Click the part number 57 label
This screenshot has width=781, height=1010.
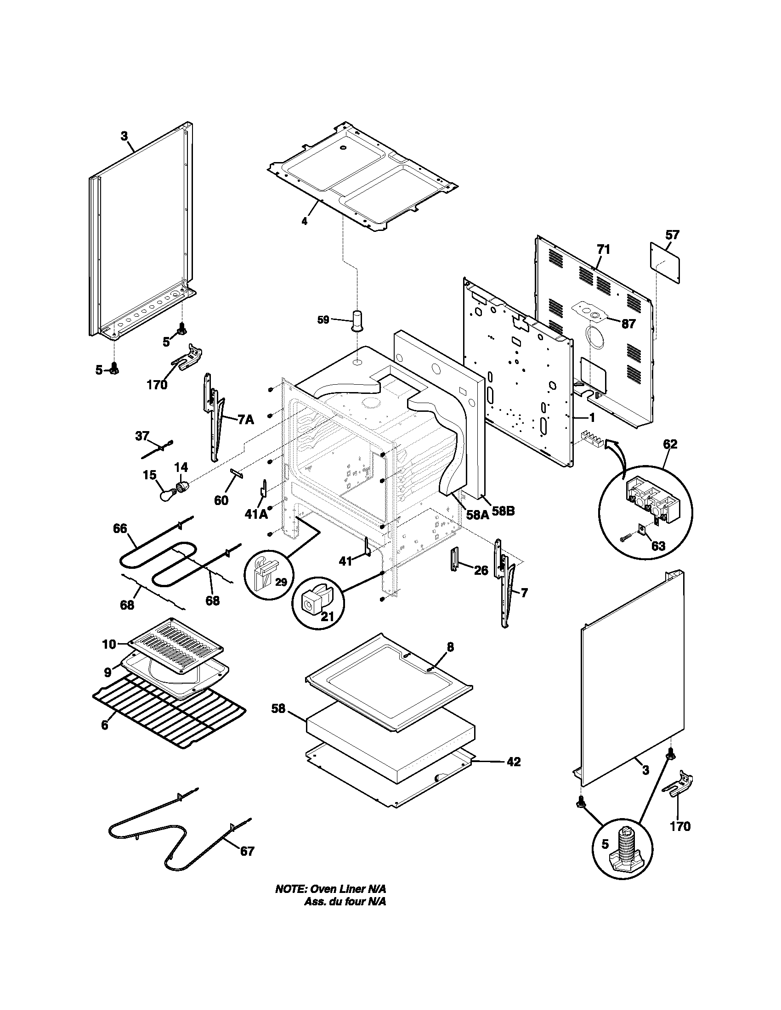pyautogui.click(x=672, y=235)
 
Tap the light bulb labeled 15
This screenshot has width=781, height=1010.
pyautogui.click(x=165, y=495)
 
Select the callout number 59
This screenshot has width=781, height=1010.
pyautogui.click(x=323, y=319)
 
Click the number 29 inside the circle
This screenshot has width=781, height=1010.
pyautogui.click(x=281, y=581)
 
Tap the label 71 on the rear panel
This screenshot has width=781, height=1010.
pyautogui.click(x=603, y=250)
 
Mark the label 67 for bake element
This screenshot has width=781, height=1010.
pyautogui.click(x=247, y=851)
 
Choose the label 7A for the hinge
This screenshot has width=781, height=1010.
pyautogui.click(x=246, y=420)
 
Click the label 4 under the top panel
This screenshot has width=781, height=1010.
pyautogui.click(x=304, y=221)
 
